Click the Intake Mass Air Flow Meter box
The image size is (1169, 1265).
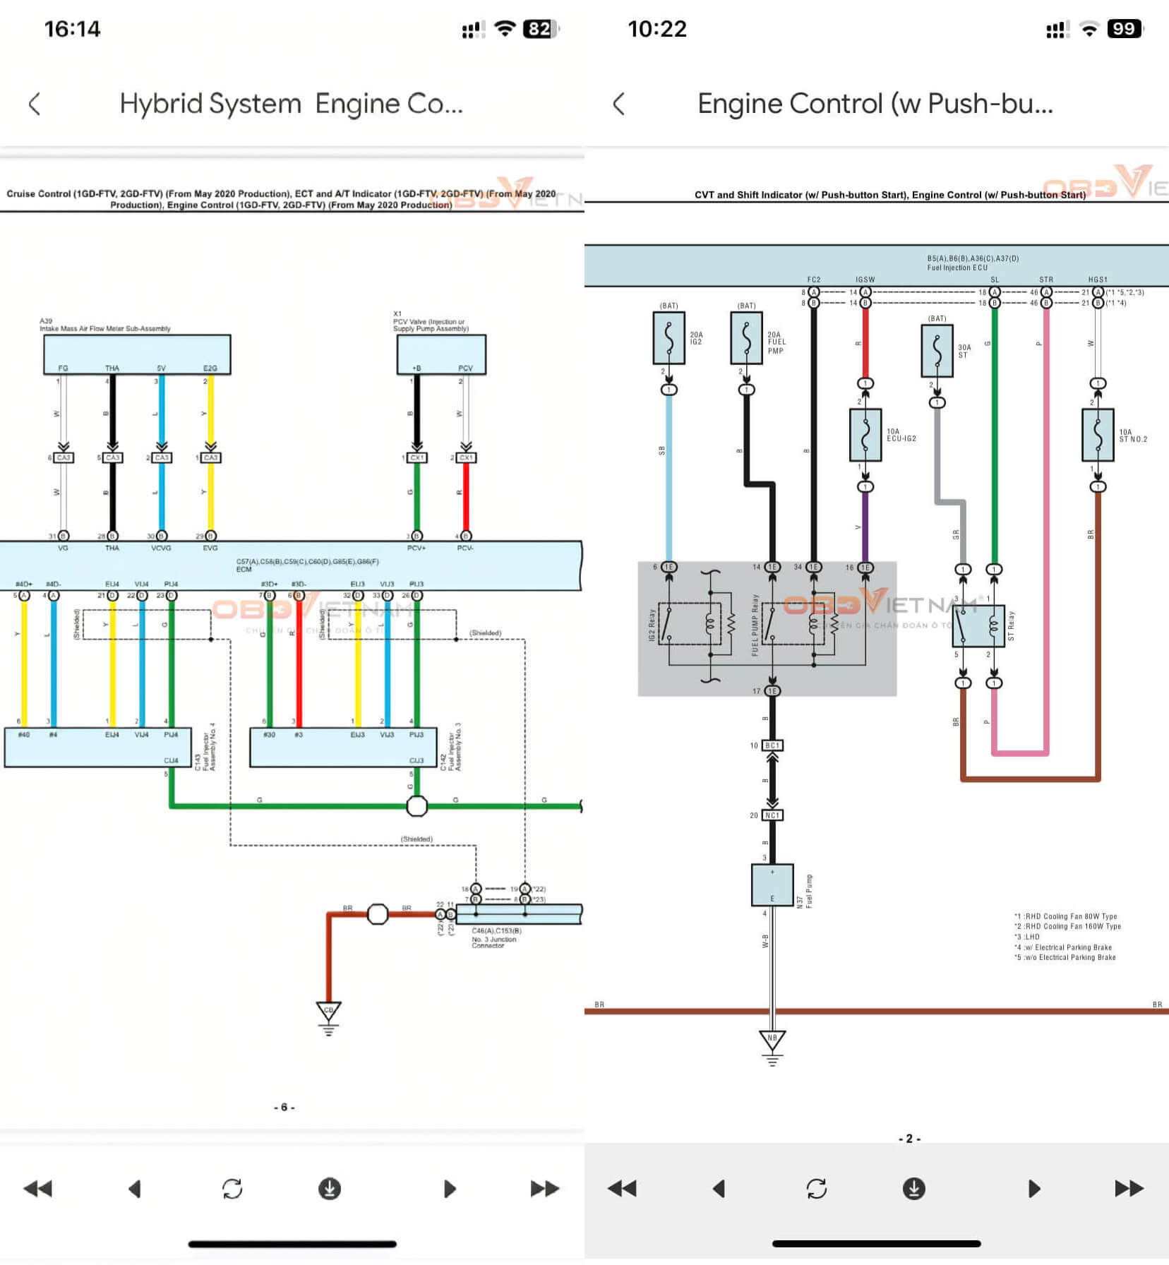point(137,354)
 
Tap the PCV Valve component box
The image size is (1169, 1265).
point(441,354)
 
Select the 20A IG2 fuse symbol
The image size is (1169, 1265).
point(669,338)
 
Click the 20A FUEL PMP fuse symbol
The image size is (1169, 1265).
point(746,338)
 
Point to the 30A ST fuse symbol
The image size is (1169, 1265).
point(937,350)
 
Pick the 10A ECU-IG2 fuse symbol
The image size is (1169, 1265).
point(865,435)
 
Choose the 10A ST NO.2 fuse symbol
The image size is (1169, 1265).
point(1098,435)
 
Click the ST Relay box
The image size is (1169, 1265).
point(978,624)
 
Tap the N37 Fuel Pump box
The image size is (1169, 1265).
point(772,885)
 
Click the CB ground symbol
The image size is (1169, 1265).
point(328,1012)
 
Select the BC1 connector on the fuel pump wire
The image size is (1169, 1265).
point(772,745)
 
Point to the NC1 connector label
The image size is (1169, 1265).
point(772,815)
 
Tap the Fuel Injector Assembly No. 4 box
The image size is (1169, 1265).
point(97,747)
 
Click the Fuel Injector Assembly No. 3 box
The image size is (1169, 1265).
point(343,747)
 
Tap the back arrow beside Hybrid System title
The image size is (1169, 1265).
point(35,104)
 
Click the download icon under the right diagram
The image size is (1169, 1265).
point(913,1189)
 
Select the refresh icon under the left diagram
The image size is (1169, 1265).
point(232,1189)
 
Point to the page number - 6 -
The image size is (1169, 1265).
point(284,1107)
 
